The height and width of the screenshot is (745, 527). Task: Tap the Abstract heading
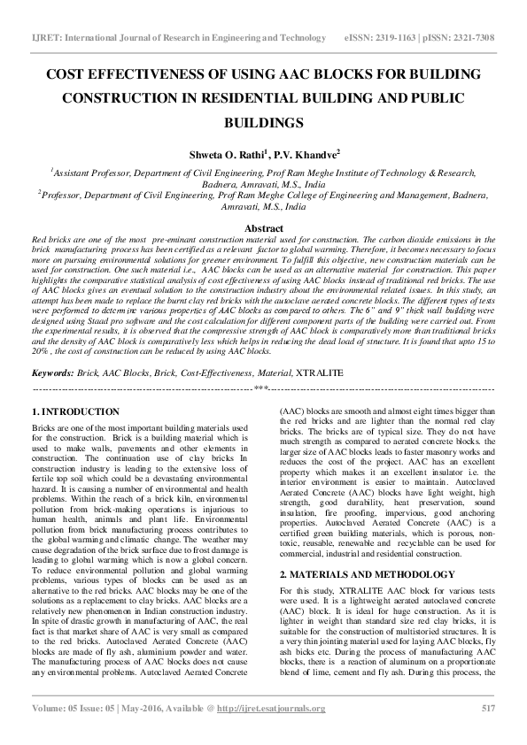tap(263, 228)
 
